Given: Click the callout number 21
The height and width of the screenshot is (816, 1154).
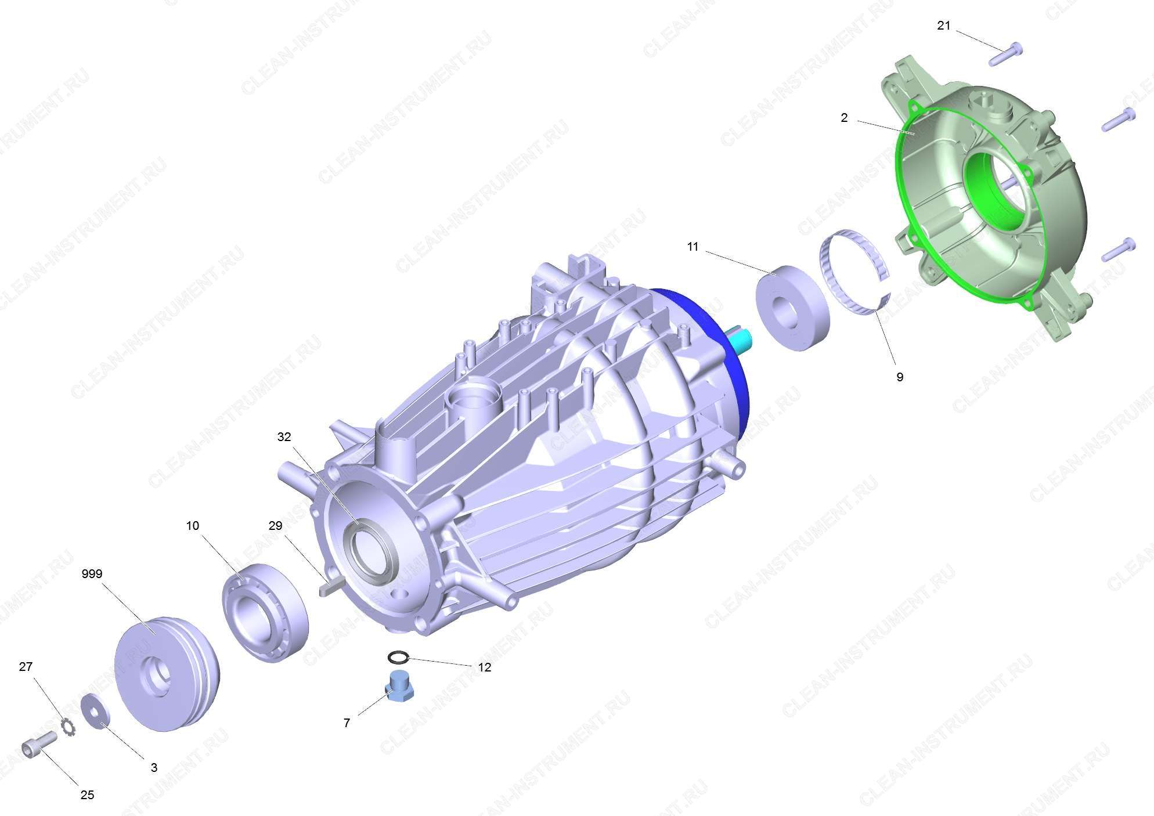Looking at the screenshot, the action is pyautogui.click(x=944, y=26).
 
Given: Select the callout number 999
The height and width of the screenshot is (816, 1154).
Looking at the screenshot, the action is pyautogui.click(x=92, y=574).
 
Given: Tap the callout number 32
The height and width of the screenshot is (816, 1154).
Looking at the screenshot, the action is pyautogui.click(x=284, y=437).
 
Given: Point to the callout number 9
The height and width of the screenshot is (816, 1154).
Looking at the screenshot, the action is pyautogui.click(x=900, y=377).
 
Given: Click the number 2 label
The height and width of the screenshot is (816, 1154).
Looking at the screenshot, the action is pyautogui.click(x=844, y=118).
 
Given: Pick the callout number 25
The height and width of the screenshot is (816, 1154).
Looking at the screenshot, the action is pyautogui.click(x=87, y=795).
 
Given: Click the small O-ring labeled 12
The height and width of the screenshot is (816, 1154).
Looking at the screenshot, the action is pyautogui.click(x=398, y=658).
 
